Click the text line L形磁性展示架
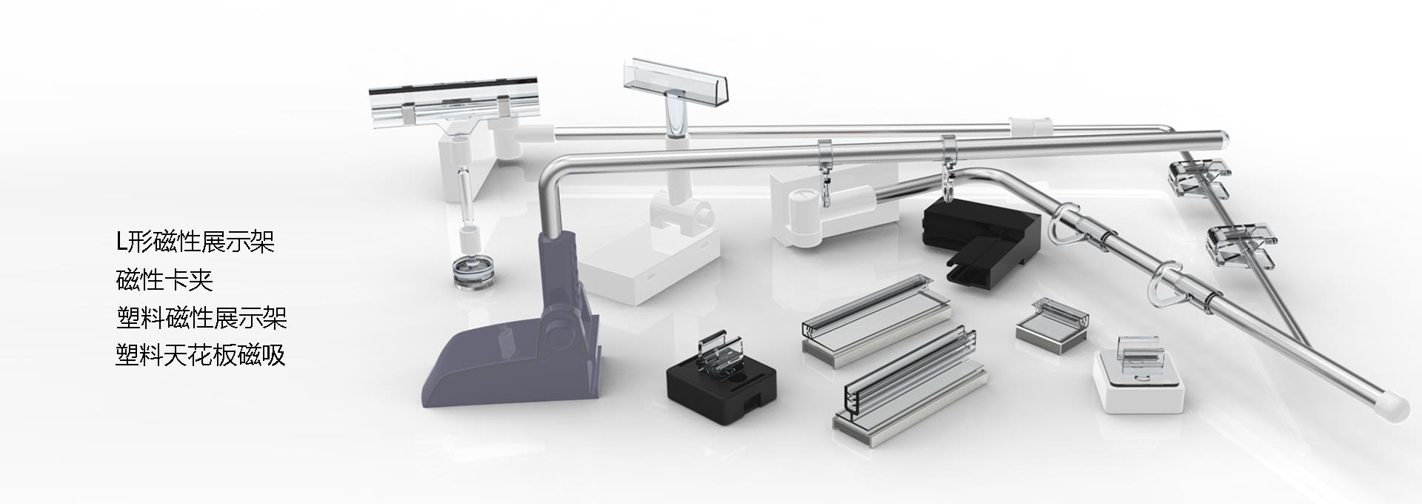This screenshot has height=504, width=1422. pyautogui.click(x=196, y=242)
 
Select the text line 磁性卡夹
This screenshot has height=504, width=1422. pyautogui.click(x=164, y=280)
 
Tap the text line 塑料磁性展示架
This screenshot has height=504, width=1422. pyautogui.click(x=201, y=318)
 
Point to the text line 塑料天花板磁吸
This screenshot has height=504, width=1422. pyautogui.click(x=201, y=355)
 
